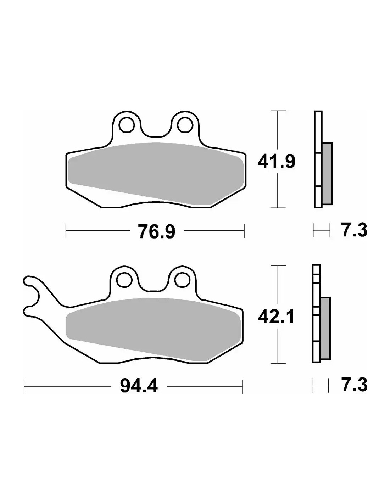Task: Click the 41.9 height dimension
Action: tap(276, 162)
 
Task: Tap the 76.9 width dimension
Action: tap(157, 231)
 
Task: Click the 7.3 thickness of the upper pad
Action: tap(354, 230)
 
